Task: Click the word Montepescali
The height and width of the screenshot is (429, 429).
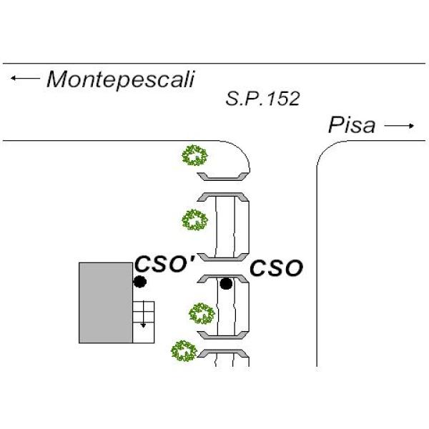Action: (x=120, y=79)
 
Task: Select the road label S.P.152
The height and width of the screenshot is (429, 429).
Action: (x=262, y=99)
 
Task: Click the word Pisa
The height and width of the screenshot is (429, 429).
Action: (x=351, y=126)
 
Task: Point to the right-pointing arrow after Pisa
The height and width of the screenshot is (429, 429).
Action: (x=399, y=127)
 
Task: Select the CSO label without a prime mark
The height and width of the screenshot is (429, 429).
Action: (x=277, y=268)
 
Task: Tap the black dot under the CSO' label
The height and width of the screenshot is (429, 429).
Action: (x=141, y=282)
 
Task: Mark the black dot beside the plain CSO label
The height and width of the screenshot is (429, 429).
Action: (x=227, y=284)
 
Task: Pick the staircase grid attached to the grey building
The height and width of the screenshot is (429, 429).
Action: (x=143, y=322)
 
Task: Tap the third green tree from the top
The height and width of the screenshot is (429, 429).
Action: (x=201, y=313)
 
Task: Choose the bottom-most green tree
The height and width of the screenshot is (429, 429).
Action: (x=184, y=351)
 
